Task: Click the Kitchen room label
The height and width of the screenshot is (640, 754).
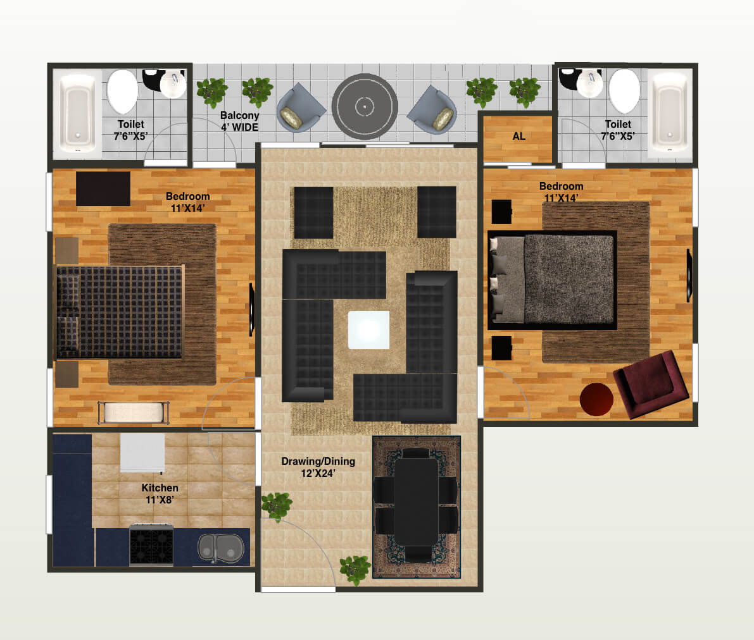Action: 160,493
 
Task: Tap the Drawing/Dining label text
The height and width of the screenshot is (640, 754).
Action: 318,467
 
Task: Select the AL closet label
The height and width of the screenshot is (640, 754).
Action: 518,136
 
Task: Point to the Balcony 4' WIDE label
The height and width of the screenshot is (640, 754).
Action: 239,121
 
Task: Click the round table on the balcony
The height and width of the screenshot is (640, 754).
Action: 365,107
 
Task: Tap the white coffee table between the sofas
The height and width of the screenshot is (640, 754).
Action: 368,329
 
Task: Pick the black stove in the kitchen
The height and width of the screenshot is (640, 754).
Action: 151,545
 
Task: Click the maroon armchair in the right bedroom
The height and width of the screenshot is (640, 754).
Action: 646,385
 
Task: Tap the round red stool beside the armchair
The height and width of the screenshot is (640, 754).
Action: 596,399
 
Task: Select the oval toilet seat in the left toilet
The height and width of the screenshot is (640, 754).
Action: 122,91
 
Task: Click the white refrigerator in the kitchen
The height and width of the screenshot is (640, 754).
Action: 142,452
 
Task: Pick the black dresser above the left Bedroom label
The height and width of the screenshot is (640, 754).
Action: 103,188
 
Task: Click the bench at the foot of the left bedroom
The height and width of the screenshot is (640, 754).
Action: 134,412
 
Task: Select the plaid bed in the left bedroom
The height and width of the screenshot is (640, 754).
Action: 120,312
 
